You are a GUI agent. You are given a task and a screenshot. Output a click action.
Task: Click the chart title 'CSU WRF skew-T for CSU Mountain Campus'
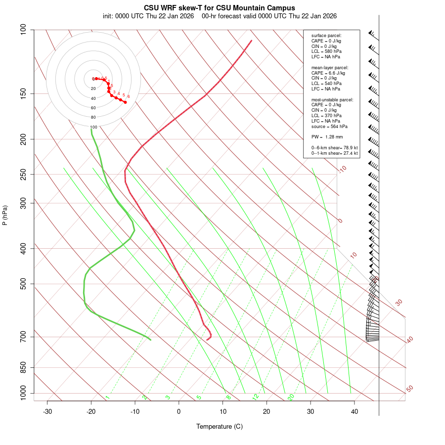tap(220, 8)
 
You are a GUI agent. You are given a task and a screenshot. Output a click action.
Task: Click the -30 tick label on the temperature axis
tap(47, 412)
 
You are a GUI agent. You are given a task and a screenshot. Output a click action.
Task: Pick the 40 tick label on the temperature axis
tap(355, 412)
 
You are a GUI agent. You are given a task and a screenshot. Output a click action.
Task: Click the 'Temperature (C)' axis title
tap(220, 426)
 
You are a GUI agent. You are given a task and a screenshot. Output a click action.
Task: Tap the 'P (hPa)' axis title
tap(5, 215)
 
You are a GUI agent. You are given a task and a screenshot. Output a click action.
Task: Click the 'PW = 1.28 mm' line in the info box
tap(327, 137)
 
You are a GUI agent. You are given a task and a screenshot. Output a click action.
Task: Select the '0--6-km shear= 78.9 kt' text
tap(334, 148)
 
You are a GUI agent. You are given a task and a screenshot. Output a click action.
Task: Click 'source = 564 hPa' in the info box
tap(329, 126)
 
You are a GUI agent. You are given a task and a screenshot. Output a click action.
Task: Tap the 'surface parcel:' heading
tap(326, 36)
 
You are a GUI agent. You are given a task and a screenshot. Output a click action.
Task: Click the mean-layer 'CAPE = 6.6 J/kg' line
tap(328, 73)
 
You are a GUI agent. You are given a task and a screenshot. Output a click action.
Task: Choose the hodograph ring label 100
tap(93, 127)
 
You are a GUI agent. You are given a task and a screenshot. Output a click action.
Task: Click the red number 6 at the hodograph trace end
tap(129, 96)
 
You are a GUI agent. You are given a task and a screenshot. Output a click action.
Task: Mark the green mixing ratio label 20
tap(291, 397)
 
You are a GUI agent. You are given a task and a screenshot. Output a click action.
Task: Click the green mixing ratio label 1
tap(107, 397)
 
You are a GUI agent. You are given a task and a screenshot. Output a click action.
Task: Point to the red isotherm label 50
tap(409, 389)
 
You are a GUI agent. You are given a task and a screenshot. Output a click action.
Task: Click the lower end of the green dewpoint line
tap(150, 340)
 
